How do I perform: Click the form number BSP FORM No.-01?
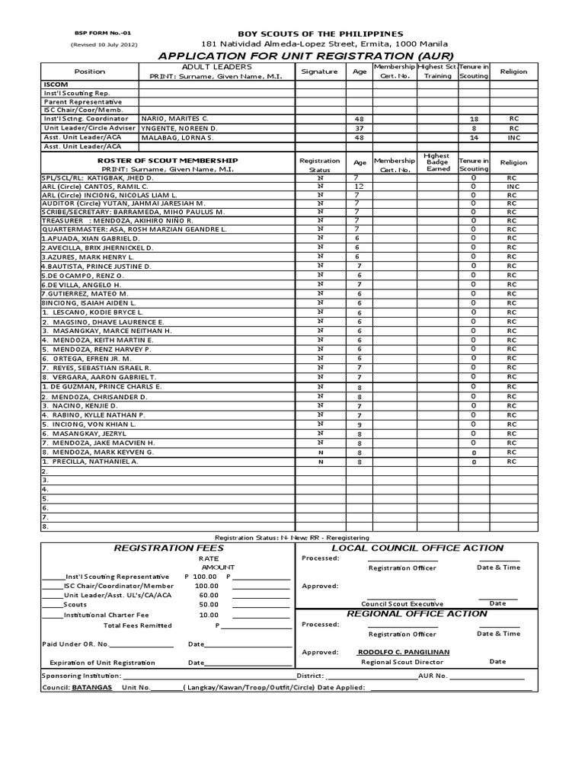tap(102, 34)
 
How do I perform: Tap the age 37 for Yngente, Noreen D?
tap(359, 129)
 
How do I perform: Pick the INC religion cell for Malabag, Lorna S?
tap(513, 138)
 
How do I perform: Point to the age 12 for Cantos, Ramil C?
tap(359, 186)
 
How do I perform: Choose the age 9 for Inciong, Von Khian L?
tap(359, 424)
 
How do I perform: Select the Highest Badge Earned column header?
tap(437, 162)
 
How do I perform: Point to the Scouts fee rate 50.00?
tap(209, 604)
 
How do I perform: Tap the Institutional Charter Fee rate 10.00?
tap(209, 615)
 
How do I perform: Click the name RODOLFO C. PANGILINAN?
tap(403, 652)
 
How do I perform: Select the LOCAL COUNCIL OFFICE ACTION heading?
tap(417, 548)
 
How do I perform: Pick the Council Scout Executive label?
tap(402, 603)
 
